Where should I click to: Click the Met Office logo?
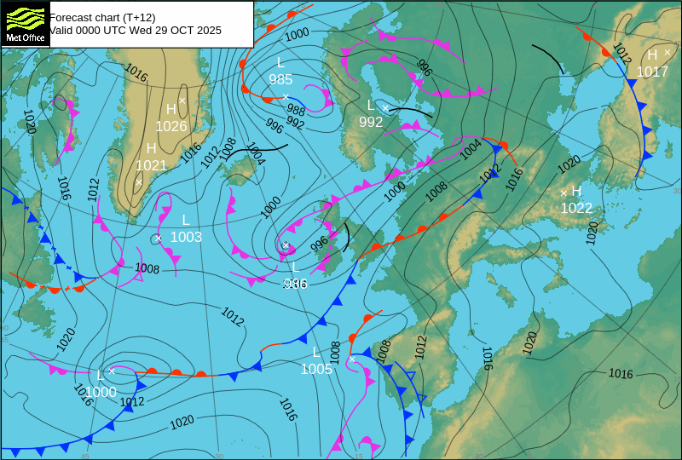(x=25, y=23)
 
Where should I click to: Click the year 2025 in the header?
(x=208, y=31)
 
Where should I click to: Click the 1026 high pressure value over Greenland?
(x=171, y=126)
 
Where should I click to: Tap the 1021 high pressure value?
(x=152, y=165)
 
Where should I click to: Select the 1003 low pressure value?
(x=186, y=237)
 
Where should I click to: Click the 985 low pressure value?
(x=280, y=79)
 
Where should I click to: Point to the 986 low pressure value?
(x=295, y=284)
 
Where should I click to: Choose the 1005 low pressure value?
(x=316, y=369)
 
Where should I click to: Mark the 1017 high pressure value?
(x=652, y=72)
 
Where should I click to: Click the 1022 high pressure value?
(x=576, y=208)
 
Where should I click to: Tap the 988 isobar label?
(x=296, y=110)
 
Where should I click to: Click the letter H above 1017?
(x=652, y=55)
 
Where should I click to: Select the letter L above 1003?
(x=186, y=220)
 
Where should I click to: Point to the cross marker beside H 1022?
(x=564, y=193)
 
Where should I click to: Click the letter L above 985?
(x=280, y=62)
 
